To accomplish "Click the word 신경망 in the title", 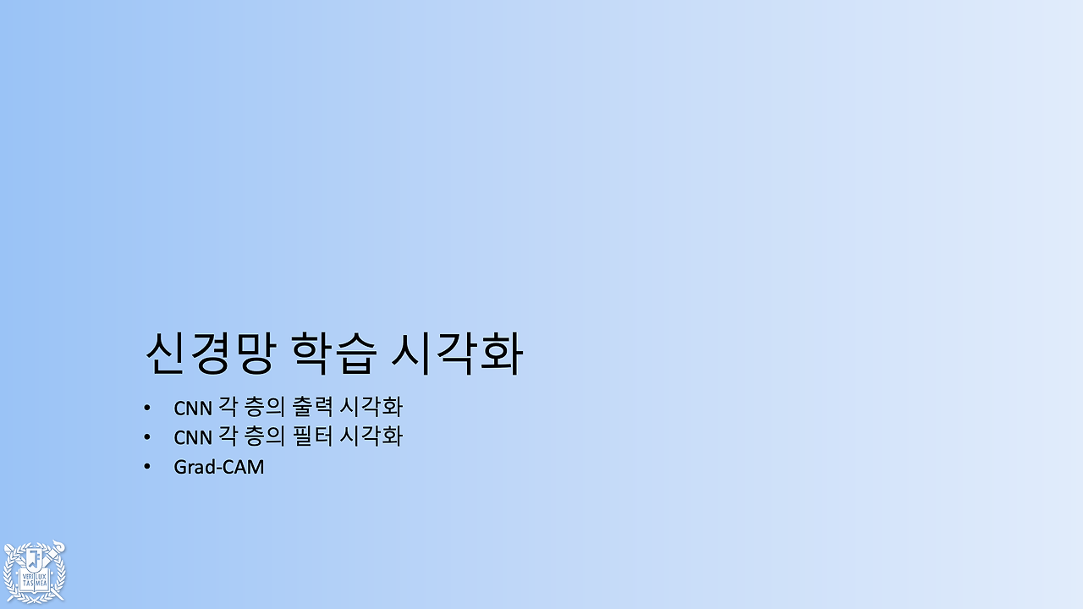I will point(209,354).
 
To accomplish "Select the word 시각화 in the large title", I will point(457,354).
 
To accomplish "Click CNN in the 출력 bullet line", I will point(193,408).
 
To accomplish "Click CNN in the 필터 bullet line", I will point(193,437).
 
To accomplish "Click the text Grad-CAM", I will point(219,466).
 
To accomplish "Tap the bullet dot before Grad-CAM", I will point(147,466).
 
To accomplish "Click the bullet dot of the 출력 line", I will point(147,408).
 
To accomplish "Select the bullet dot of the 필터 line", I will point(147,437).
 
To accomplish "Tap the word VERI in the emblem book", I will point(27,576).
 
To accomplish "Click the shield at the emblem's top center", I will point(35,558).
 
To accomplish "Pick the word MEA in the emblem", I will point(42,584).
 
